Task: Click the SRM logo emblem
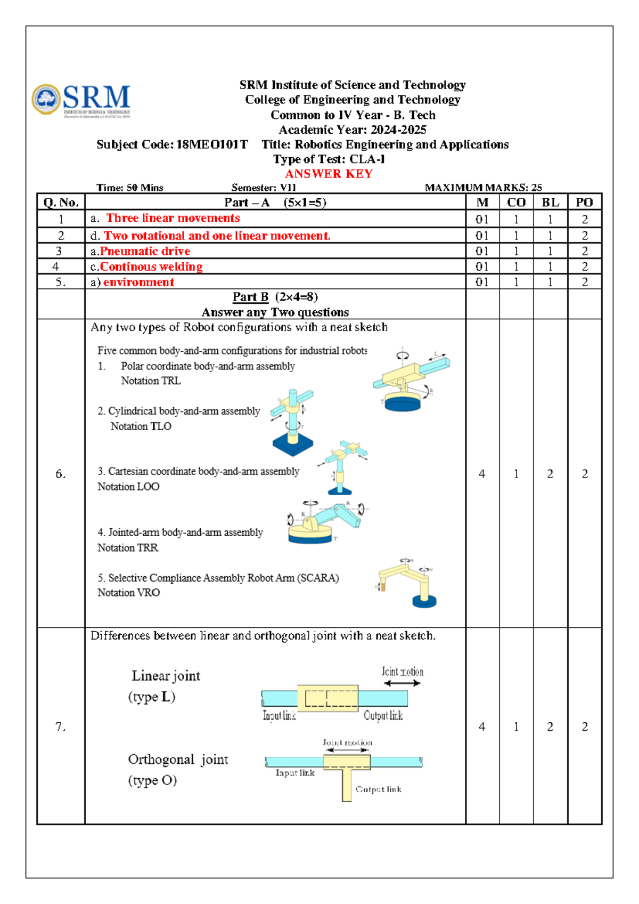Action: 46,99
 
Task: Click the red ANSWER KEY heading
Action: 329,174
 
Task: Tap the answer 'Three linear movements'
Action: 173,218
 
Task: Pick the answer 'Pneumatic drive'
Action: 145,251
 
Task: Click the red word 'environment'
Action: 138,282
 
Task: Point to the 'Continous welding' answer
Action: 151,267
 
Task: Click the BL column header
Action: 550,203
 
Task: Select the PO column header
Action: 584,203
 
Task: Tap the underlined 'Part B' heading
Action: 250,297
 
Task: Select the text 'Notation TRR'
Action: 128,547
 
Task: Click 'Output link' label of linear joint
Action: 383,715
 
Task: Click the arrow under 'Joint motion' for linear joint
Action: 402,683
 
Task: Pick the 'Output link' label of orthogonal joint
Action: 378,789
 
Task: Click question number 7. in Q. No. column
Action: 61,727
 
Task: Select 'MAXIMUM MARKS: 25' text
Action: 483,188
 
